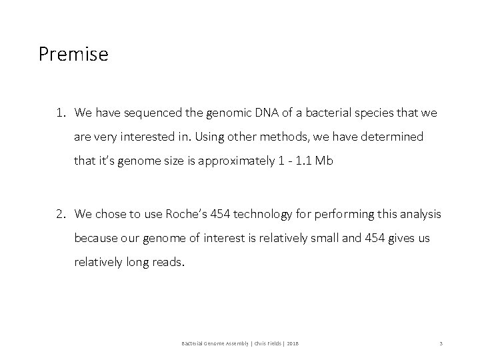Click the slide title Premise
[x=73, y=54]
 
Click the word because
[x=96, y=237]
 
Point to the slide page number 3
[x=441, y=343]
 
